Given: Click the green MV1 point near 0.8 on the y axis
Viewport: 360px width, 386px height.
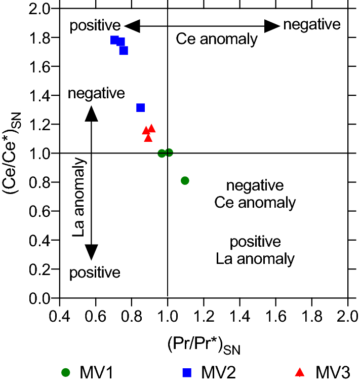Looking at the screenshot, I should (x=185, y=180).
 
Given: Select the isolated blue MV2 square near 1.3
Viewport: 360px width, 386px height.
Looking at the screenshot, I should (x=141, y=107).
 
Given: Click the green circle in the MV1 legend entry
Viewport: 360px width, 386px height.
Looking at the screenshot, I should (x=65, y=373).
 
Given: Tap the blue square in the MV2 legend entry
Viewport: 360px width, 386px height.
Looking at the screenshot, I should (x=187, y=373).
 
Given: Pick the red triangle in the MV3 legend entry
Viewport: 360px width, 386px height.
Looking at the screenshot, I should (x=300, y=373).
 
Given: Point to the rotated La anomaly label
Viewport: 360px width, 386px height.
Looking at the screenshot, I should (x=79, y=198).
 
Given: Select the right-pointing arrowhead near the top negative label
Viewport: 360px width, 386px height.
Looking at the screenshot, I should (x=272, y=26).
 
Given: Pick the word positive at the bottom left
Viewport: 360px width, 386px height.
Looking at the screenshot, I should (x=95, y=273).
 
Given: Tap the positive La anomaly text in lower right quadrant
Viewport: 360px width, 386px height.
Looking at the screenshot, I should (x=255, y=250).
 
